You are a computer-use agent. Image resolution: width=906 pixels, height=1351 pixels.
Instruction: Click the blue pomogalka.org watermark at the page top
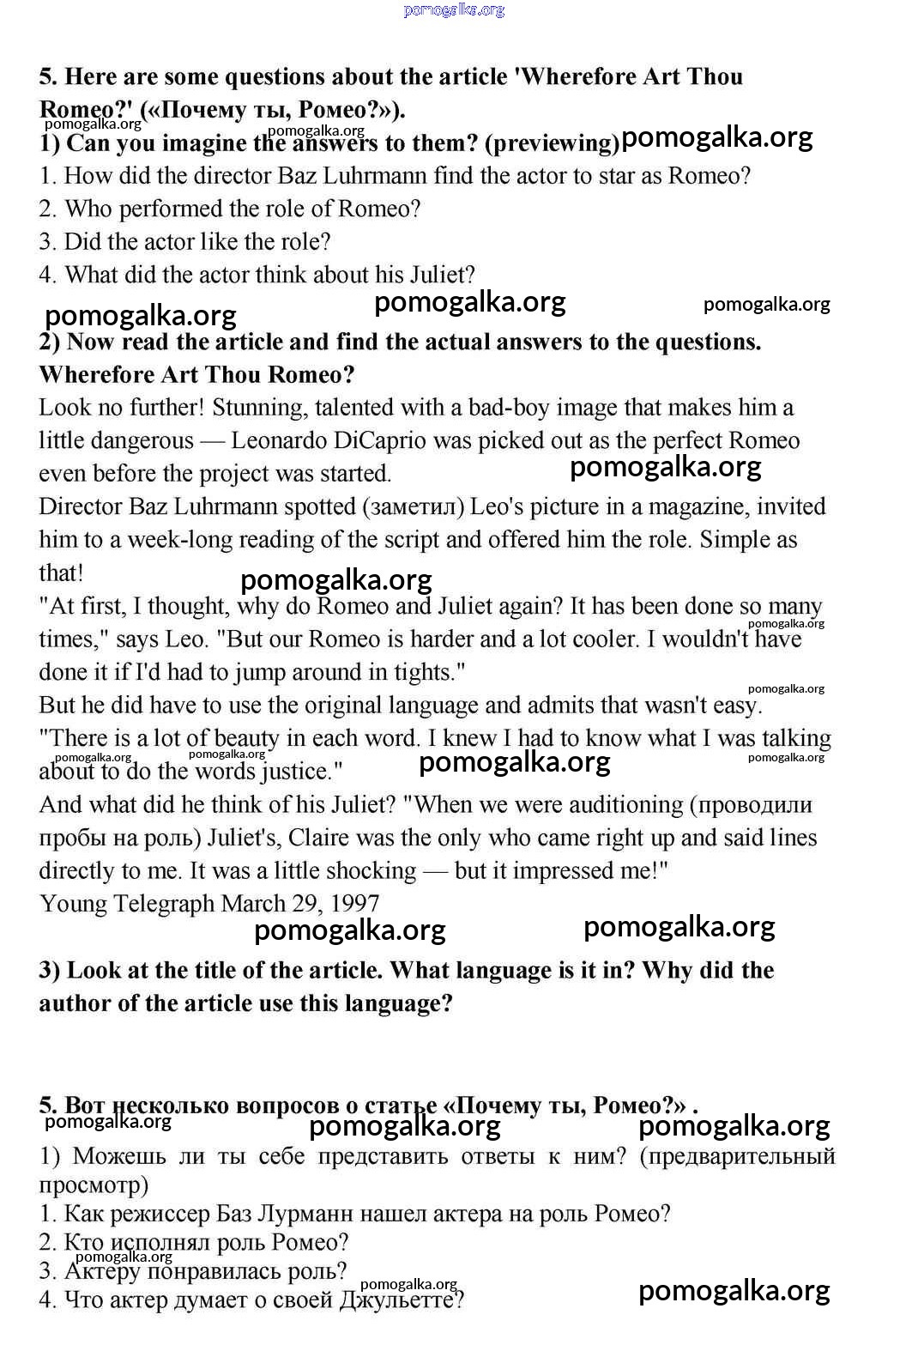tap(454, 10)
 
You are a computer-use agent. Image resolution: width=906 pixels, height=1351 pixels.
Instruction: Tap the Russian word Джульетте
tap(401, 1300)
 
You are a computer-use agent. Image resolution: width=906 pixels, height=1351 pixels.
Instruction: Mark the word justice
tap(300, 772)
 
